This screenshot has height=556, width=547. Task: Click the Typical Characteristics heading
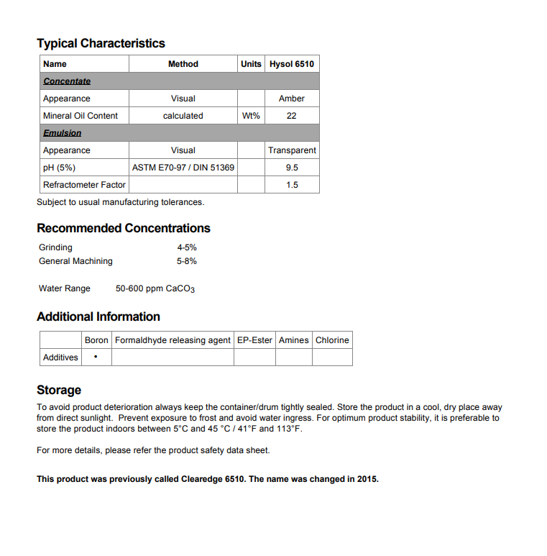(x=101, y=43)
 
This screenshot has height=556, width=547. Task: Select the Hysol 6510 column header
(x=291, y=64)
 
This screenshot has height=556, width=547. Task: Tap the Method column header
(x=183, y=64)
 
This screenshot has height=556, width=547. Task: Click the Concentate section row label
(x=67, y=81)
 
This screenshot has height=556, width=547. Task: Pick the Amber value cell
(x=291, y=99)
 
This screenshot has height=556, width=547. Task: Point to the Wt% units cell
(x=251, y=116)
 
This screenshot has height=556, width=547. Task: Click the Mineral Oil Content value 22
(x=291, y=116)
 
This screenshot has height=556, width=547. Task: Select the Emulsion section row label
(x=62, y=133)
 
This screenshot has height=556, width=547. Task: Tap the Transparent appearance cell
(x=292, y=150)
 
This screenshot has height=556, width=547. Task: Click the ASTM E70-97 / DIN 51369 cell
(x=183, y=168)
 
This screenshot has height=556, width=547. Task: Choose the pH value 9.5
(x=291, y=168)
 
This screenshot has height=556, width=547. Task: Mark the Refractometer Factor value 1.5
(x=291, y=185)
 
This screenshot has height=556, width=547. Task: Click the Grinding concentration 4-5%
(x=187, y=247)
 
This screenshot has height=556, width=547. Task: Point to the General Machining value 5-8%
(x=187, y=261)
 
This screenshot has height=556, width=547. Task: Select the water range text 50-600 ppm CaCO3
(x=155, y=289)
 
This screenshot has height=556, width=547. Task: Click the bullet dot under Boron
(x=96, y=357)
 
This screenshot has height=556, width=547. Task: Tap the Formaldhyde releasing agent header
(x=173, y=340)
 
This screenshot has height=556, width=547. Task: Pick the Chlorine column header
(x=332, y=340)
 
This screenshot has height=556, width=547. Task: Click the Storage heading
(x=59, y=390)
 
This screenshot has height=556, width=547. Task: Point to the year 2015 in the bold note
(x=367, y=479)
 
